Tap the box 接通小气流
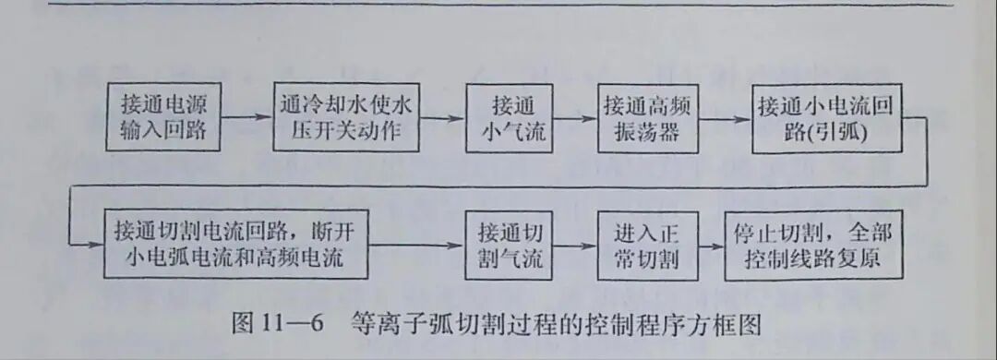(512, 118)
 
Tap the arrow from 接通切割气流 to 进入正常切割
(575, 246)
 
